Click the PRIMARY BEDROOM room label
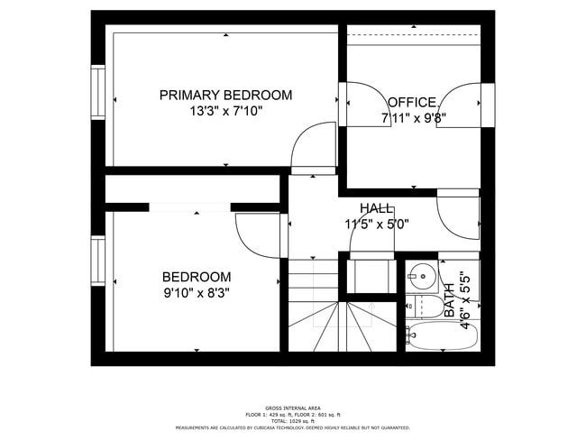coord(225,95)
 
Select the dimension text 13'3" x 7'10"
coord(225,112)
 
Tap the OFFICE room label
coord(412,102)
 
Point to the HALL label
coord(376,208)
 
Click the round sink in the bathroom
coord(420,273)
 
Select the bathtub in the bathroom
coord(441,336)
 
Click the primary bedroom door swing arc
coord(313,146)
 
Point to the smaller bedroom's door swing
coord(259,236)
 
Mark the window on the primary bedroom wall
coord(98,91)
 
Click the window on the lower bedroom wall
coord(98,260)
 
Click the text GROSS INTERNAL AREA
coord(292,408)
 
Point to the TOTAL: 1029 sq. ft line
coord(292,421)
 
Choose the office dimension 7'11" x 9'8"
coord(415,117)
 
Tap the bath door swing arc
coord(457,215)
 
